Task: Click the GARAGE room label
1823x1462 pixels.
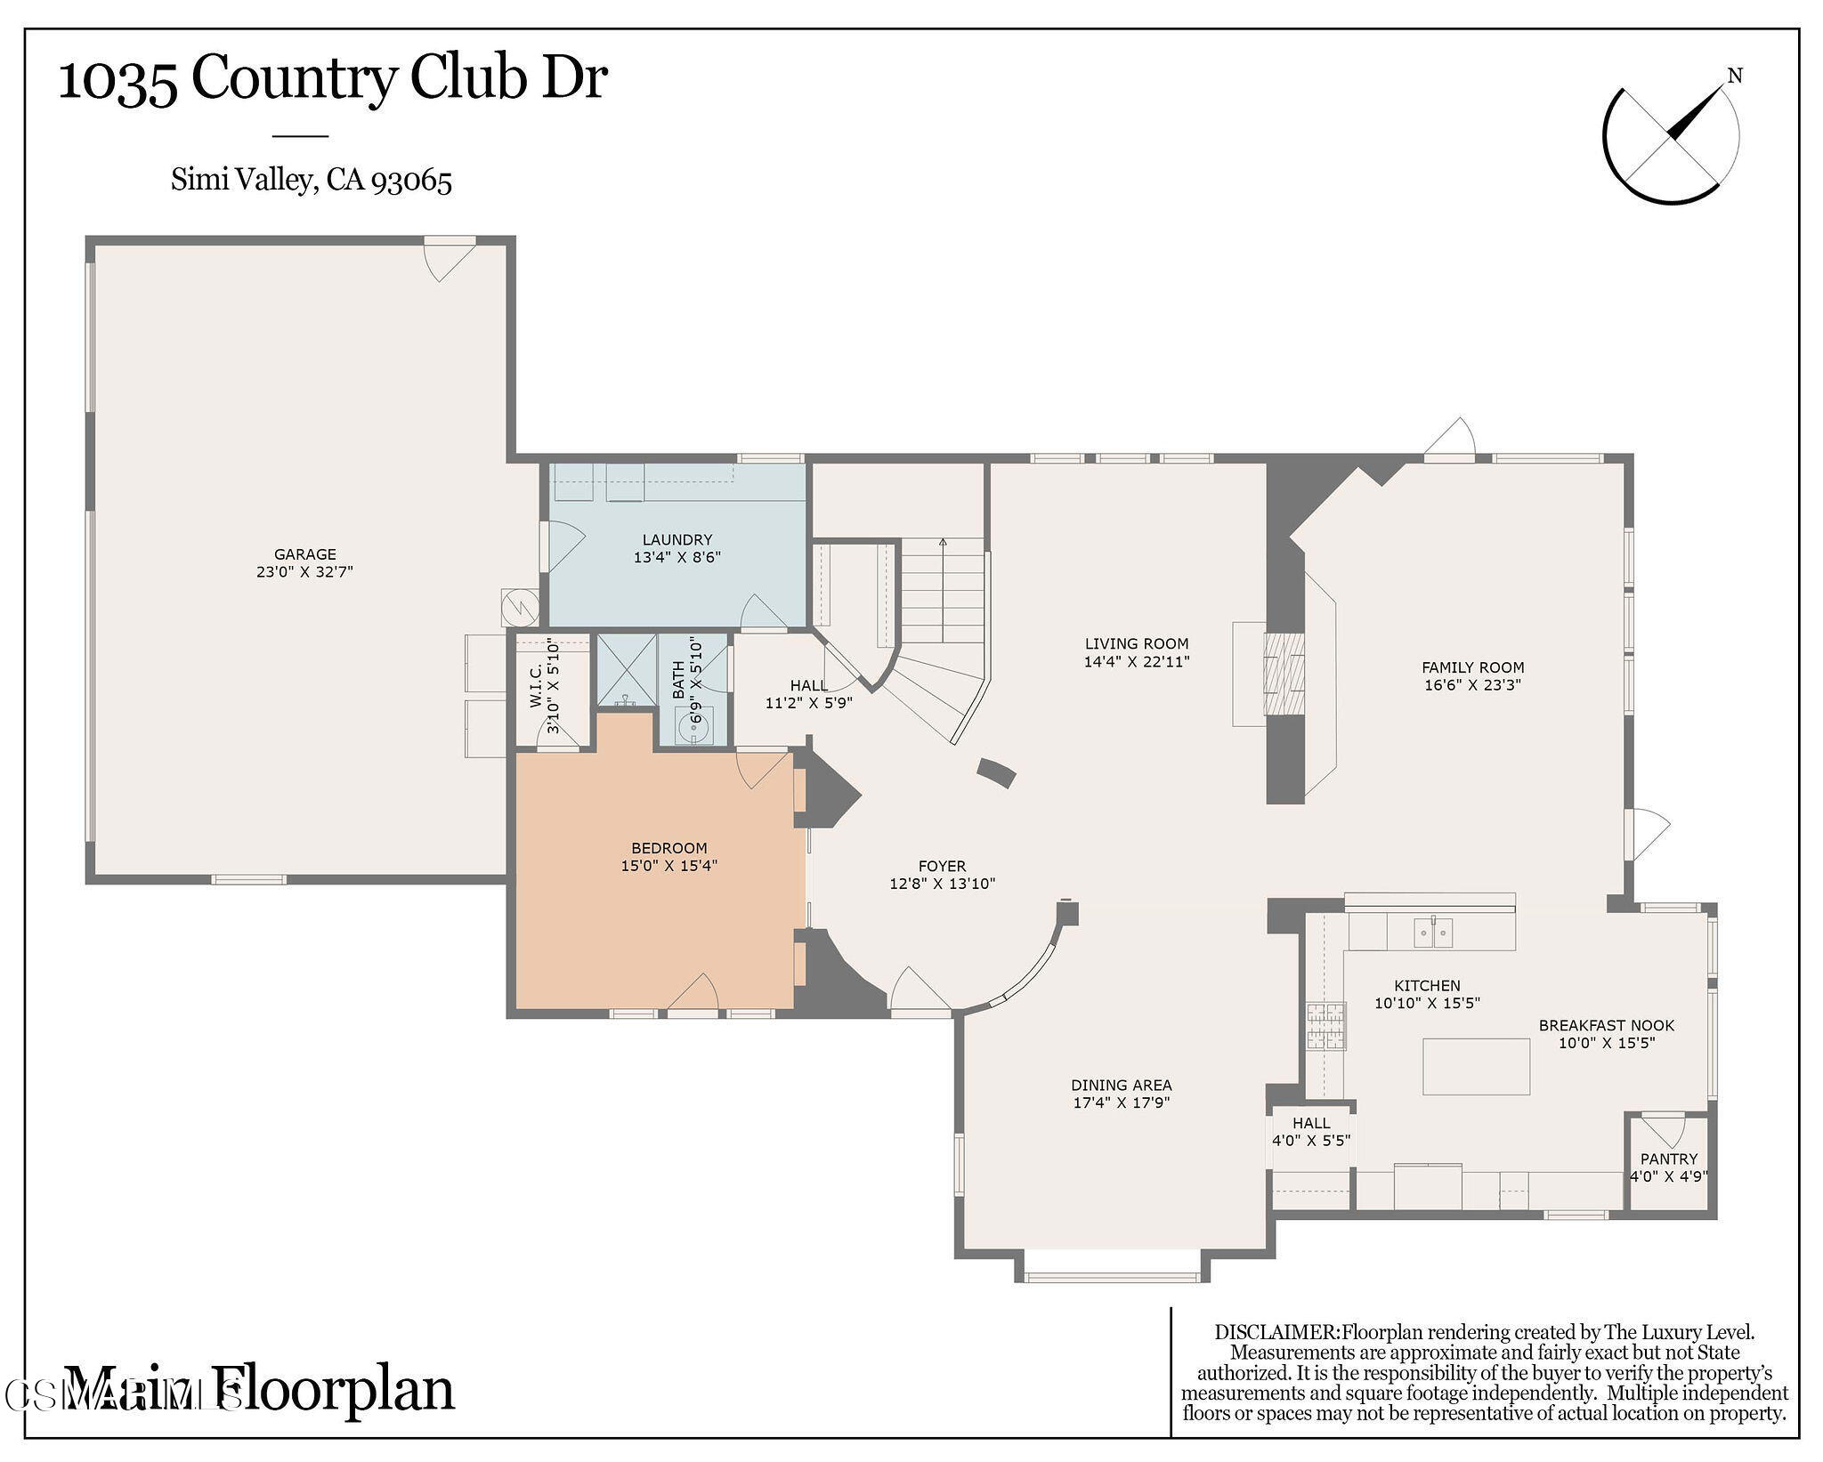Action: click(304, 553)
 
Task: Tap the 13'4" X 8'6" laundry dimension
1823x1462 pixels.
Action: click(677, 558)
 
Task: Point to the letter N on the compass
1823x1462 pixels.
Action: click(1734, 77)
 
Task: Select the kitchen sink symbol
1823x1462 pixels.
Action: click(1433, 933)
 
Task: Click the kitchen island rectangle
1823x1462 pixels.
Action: click(1475, 1065)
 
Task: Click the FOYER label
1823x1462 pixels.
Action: click(942, 866)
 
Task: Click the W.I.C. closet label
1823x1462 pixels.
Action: click(536, 685)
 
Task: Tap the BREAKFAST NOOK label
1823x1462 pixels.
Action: click(1606, 1025)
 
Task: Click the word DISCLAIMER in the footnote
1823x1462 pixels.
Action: click(1276, 1333)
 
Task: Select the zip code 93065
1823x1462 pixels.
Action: click(411, 181)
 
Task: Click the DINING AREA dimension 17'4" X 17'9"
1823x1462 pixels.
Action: click(1121, 1103)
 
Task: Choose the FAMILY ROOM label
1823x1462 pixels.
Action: click(1472, 667)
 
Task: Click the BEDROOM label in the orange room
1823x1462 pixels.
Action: click(668, 848)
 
